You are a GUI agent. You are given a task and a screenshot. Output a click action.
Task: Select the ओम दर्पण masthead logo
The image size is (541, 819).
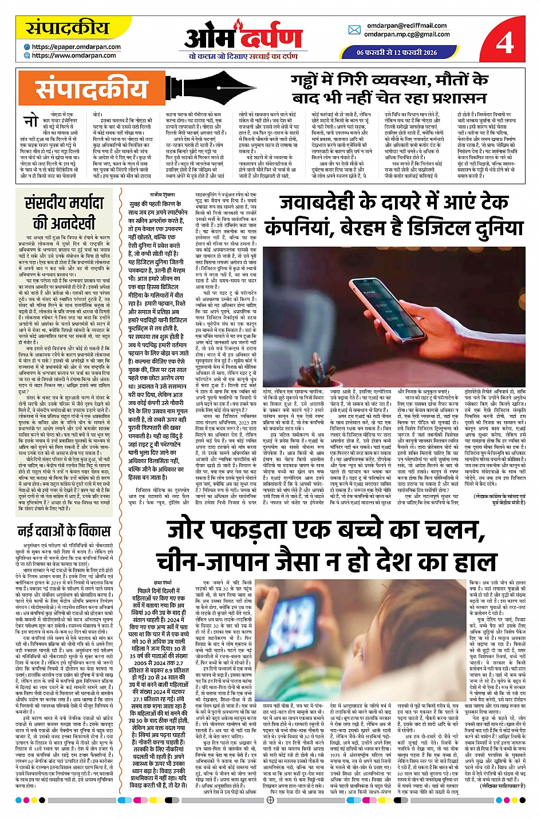tap(243, 38)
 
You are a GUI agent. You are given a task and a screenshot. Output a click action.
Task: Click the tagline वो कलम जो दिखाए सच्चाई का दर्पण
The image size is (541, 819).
tap(243, 56)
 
